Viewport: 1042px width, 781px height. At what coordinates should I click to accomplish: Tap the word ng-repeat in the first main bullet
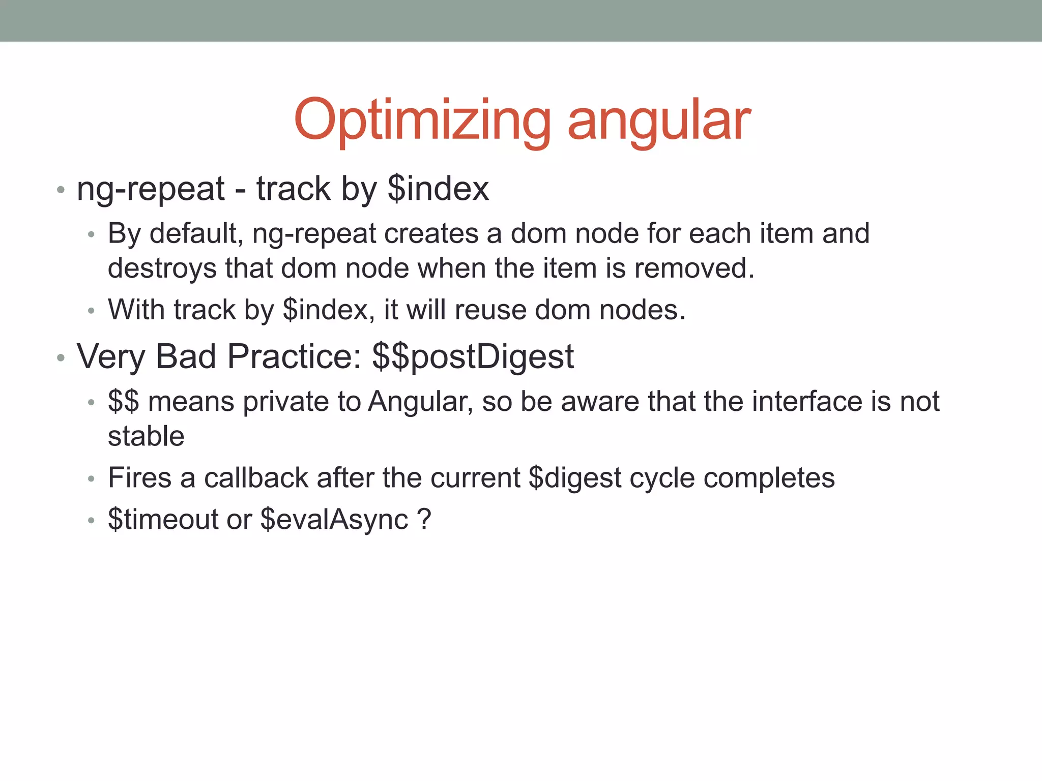(x=151, y=189)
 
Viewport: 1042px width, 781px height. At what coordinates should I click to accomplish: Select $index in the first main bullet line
(x=438, y=189)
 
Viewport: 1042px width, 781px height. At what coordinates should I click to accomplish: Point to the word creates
(x=431, y=234)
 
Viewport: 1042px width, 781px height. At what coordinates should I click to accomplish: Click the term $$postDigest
(x=473, y=357)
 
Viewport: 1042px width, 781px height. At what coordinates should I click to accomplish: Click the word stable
(x=146, y=436)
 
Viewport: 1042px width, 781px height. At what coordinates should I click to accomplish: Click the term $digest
(x=575, y=478)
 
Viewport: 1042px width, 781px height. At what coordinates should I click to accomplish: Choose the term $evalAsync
(x=334, y=520)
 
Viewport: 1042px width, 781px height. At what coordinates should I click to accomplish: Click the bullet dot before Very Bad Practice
(x=61, y=358)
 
